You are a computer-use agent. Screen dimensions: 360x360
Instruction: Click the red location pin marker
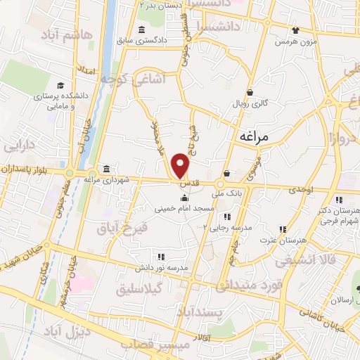pyautogui.click(x=181, y=165)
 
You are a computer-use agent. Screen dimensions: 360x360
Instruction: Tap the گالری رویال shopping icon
pyautogui.click(x=250, y=92)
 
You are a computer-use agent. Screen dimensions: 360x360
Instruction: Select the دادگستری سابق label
pyautogui.click(x=162, y=40)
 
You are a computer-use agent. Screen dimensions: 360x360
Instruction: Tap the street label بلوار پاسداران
pyautogui.click(x=31, y=169)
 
